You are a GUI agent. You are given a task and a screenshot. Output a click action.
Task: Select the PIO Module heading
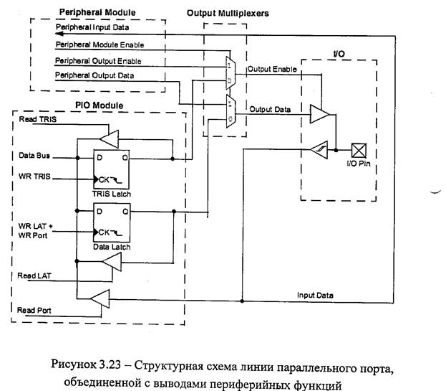click(x=99, y=106)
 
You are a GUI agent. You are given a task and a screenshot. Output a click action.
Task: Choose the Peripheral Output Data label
click(x=94, y=75)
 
